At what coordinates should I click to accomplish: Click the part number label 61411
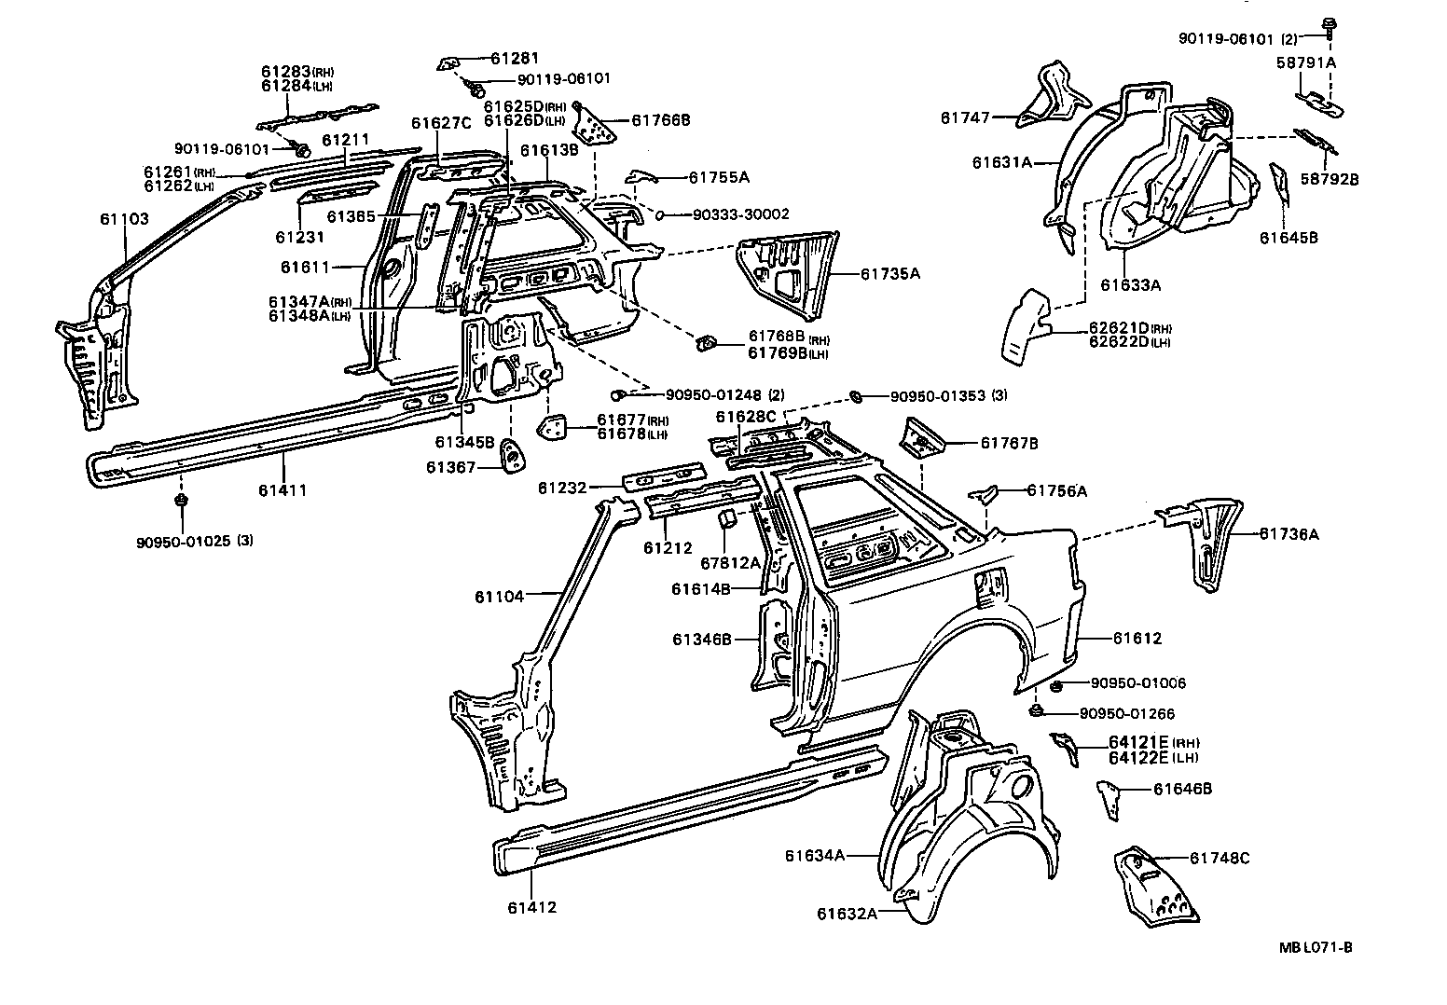284,490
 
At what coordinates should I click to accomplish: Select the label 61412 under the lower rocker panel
532,906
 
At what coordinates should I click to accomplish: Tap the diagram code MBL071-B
1316,947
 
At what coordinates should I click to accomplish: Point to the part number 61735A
889,274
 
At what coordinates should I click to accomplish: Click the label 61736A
1289,534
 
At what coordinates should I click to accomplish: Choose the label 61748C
1220,859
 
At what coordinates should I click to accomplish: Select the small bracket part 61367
512,456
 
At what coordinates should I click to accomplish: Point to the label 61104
500,596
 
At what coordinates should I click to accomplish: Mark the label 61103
124,219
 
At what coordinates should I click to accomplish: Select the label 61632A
848,914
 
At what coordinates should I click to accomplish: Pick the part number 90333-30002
740,214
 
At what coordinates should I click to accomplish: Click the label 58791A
1306,62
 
